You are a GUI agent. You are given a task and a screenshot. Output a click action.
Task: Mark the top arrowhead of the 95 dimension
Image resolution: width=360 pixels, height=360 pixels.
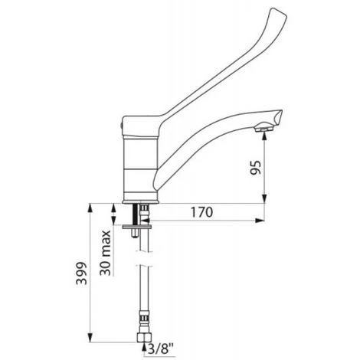(x=264, y=138)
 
